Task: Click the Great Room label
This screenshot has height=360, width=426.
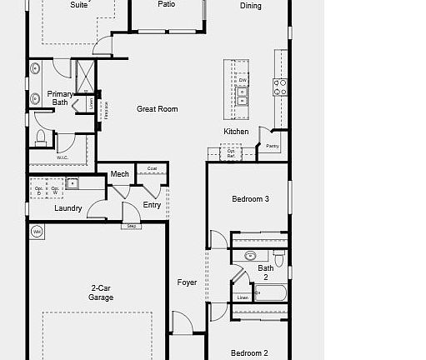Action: point(158,109)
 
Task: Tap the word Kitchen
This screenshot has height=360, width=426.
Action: point(236,132)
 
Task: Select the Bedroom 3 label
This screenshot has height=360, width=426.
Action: point(249,199)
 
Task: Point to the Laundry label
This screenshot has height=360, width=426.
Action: point(68,208)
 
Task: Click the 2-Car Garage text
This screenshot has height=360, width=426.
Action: point(102,292)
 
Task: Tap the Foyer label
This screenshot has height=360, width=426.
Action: point(188,282)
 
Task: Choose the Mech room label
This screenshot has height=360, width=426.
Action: point(119,174)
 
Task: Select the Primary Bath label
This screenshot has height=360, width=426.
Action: point(60,98)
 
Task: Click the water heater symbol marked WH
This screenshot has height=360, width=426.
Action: point(37,231)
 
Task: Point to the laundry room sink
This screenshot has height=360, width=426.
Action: point(73,183)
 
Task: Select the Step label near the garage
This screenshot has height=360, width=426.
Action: point(131,226)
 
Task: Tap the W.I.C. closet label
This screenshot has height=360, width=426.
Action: point(62,157)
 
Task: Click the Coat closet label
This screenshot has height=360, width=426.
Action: point(151,168)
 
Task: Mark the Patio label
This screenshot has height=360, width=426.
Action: point(167,4)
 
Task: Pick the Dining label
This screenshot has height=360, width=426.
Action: point(250,6)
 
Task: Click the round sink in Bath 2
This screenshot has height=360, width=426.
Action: point(248,256)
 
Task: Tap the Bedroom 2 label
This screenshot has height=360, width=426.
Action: point(249,352)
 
